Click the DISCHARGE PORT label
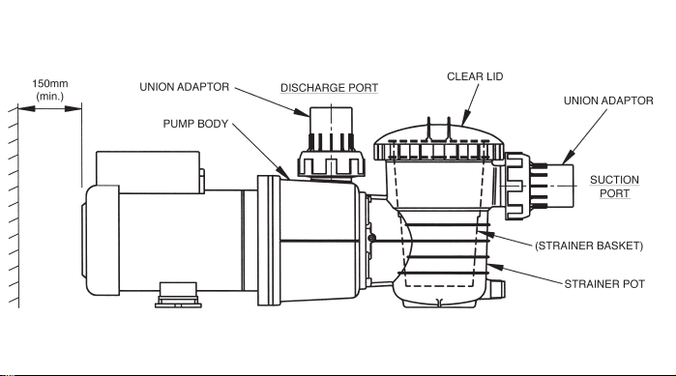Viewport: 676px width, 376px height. [330, 88]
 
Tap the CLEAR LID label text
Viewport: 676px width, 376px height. [475, 76]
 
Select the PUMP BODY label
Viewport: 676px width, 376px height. [195, 124]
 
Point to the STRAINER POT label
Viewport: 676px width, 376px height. [604, 284]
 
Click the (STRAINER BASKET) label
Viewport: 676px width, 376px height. [589, 246]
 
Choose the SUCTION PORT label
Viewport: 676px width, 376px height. [614, 187]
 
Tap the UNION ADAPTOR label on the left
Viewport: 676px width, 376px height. [185, 87]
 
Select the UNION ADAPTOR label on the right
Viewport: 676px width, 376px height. [608, 101]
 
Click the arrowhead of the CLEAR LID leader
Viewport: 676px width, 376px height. [465, 119]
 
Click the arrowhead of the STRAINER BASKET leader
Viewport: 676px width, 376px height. [485, 234]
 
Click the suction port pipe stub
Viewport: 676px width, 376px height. [561, 186]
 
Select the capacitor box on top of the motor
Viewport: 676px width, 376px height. [148, 171]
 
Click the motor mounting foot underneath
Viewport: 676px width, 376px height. [178, 295]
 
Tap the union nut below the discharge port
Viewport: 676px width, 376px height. [331, 162]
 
